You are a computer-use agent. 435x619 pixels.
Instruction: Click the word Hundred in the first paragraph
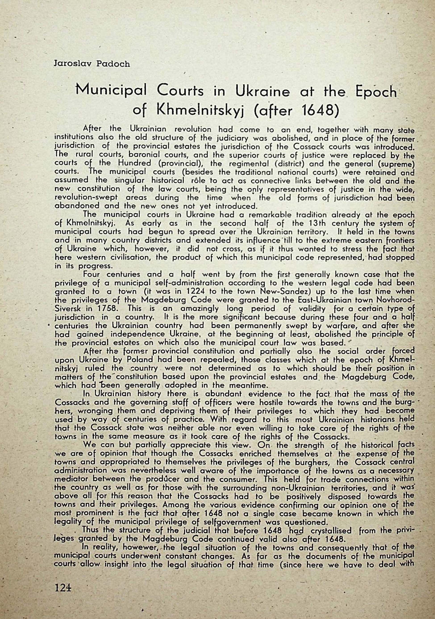click(x=135, y=163)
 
